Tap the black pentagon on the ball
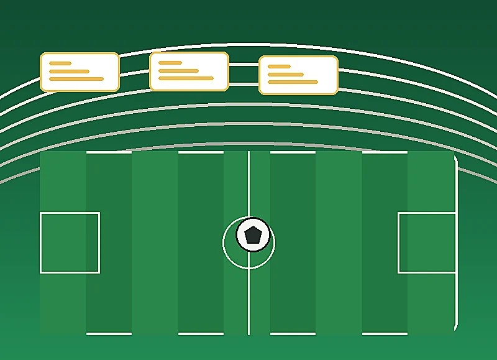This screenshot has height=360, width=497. [x=253, y=235]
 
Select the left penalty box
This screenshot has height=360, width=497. [x=70, y=242]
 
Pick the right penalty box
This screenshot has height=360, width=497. [x=427, y=242]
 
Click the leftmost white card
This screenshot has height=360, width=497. [x=80, y=72]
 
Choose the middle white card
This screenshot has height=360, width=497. [x=189, y=72]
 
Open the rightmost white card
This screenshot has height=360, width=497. [x=298, y=75]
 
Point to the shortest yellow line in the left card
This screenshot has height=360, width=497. [x=60, y=63]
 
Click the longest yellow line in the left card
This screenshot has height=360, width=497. [x=76, y=79]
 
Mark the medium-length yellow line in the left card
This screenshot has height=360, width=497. [x=69, y=72]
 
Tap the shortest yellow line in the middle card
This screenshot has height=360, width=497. [x=170, y=63]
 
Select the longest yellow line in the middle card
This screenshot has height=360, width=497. [x=186, y=78]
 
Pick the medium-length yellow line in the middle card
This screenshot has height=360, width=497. [x=178, y=71]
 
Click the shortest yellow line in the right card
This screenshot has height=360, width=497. [x=279, y=67]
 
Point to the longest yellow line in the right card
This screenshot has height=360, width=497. [x=293, y=82]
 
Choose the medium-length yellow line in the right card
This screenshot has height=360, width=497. [x=286, y=75]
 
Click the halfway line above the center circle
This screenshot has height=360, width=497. [x=248, y=183]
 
